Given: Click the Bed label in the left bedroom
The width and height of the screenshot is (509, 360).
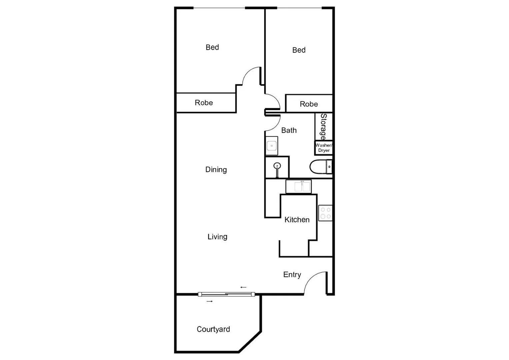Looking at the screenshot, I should [x=212, y=47].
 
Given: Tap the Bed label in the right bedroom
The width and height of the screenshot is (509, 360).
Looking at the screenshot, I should [x=299, y=50].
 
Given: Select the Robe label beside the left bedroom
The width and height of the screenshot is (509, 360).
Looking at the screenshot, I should [x=204, y=103].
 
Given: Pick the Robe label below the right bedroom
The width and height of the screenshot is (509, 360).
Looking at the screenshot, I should [x=309, y=104].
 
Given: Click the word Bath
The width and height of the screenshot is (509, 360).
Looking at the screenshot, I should [x=289, y=130].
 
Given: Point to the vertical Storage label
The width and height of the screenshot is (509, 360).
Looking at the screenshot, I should [x=323, y=126].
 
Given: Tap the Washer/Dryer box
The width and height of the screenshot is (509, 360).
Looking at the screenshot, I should [x=324, y=148].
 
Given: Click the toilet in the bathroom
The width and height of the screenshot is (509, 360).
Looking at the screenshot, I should [x=320, y=167].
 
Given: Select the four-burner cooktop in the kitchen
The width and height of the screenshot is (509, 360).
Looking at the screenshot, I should [x=325, y=213].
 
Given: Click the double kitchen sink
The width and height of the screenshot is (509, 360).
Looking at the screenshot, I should [x=299, y=186].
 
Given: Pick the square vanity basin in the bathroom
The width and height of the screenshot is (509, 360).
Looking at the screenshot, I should [x=272, y=146].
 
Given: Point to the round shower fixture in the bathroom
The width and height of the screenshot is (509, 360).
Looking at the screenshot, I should [x=277, y=166].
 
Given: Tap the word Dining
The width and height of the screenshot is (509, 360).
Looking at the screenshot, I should [x=216, y=170].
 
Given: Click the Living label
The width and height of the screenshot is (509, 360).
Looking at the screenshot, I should [x=217, y=237].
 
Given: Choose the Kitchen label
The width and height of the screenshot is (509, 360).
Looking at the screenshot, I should [x=297, y=220].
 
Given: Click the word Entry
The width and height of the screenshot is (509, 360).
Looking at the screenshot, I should [x=292, y=275].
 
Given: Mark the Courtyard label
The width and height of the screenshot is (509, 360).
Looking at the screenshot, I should [x=213, y=329].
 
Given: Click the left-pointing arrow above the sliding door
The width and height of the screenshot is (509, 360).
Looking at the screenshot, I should [x=243, y=287].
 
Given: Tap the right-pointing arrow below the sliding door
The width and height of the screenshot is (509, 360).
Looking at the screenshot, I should [x=210, y=301].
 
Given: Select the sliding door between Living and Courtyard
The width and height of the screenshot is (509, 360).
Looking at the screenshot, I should [x=226, y=294].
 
